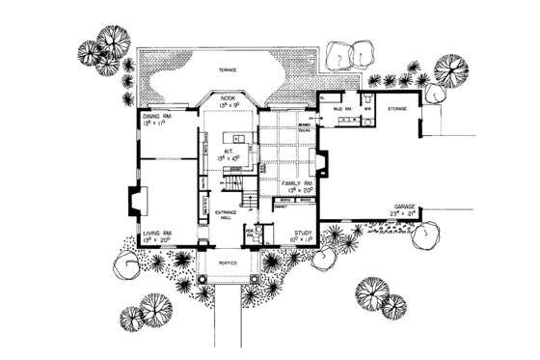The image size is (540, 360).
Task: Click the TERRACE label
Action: tap(228, 71)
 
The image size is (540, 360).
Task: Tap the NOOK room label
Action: tap(228, 97)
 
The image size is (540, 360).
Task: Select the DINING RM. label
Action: tap(157, 115)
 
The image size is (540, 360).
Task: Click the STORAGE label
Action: tap(397, 110)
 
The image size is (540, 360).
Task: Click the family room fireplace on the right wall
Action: tap(322, 164)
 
